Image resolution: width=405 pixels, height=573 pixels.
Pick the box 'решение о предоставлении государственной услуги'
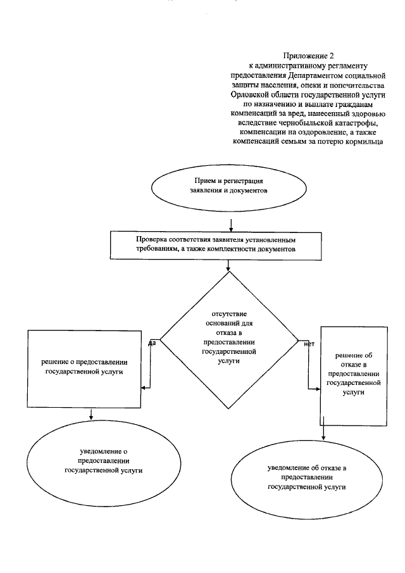tap(84, 368)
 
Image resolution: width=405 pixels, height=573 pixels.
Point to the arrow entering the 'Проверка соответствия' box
tap(232, 225)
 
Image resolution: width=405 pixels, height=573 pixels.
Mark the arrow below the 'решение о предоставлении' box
tap(92, 413)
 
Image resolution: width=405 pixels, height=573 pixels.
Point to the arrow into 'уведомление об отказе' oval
tap(323, 432)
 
